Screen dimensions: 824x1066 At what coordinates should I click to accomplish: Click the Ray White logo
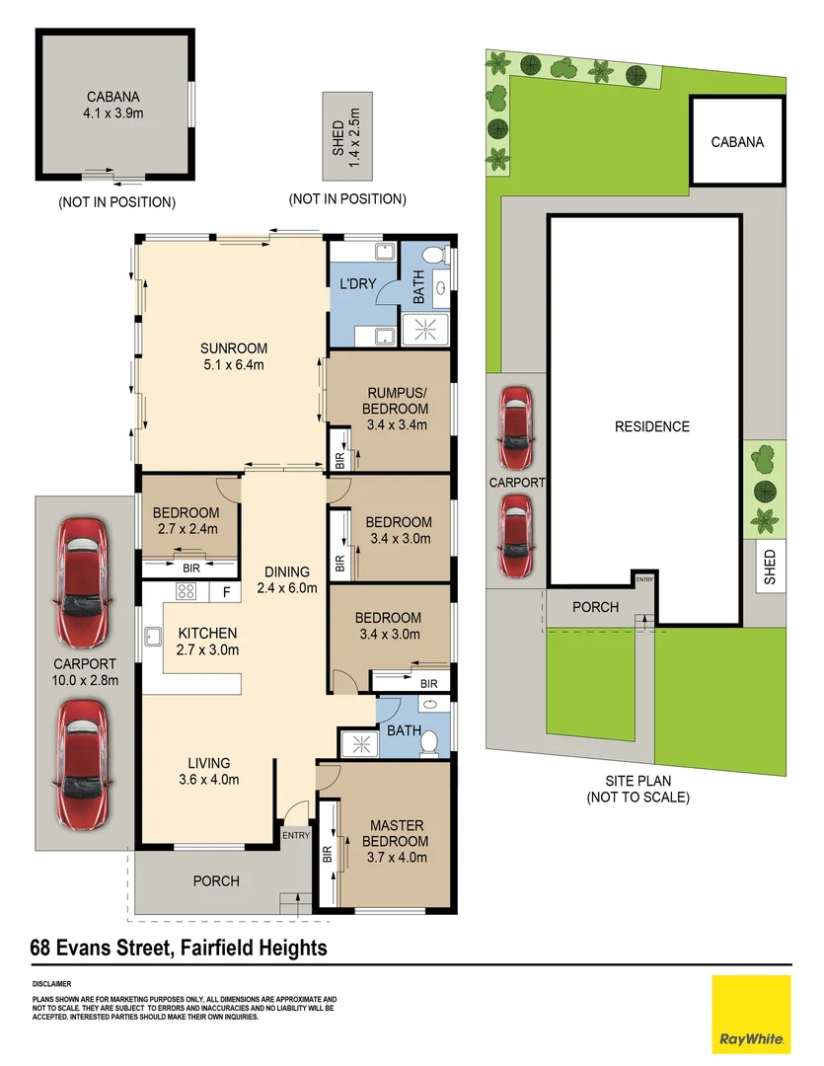pos(751,1015)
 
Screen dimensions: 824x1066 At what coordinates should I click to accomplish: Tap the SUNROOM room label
pos(234,348)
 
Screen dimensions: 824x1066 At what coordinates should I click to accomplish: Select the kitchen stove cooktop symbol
pos(187,591)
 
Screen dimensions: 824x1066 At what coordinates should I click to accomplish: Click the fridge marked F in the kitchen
pos(226,592)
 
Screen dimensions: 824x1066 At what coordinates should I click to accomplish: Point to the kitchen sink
pos(152,637)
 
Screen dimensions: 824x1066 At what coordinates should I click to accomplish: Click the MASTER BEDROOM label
pos(396,833)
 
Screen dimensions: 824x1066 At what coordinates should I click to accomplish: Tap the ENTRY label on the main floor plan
pos(296,836)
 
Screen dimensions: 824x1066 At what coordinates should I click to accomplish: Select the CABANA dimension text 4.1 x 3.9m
pos(113,114)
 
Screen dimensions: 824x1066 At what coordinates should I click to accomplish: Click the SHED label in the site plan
pos(770,567)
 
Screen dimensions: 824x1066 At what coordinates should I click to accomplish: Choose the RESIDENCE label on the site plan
pos(652,427)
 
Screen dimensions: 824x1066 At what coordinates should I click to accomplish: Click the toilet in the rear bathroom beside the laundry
pos(434,255)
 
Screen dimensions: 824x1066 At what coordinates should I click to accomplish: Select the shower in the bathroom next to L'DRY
pos(425,330)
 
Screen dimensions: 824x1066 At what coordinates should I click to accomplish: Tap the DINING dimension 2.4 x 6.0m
pos(287,588)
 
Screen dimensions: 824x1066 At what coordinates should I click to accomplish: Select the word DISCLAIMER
pos(51,984)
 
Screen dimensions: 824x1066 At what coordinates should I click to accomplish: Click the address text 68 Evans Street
pos(100,948)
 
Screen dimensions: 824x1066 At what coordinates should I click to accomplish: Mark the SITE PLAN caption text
pos(638,781)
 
